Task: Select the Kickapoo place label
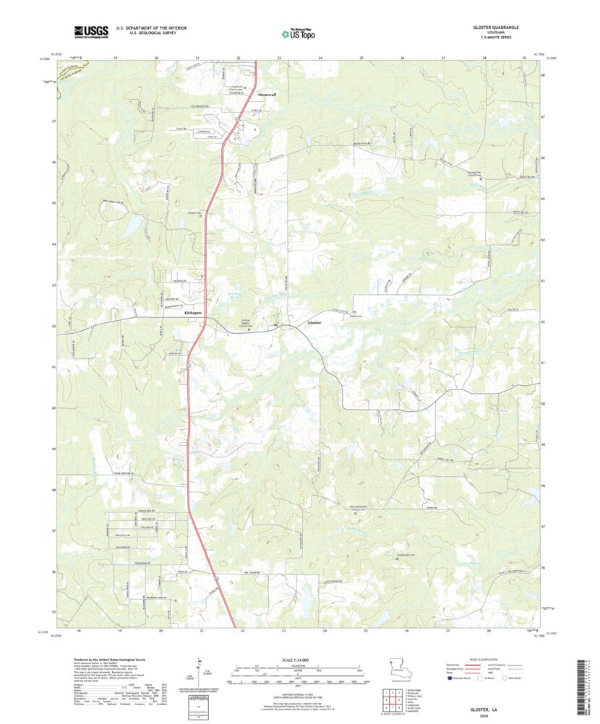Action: click(192, 312)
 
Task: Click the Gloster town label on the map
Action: click(314, 322)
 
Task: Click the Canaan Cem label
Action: click(194, 212)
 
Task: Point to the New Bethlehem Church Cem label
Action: click(365, 507)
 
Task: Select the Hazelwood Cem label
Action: click(408, 555)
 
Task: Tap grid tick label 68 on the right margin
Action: click(543, 74)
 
